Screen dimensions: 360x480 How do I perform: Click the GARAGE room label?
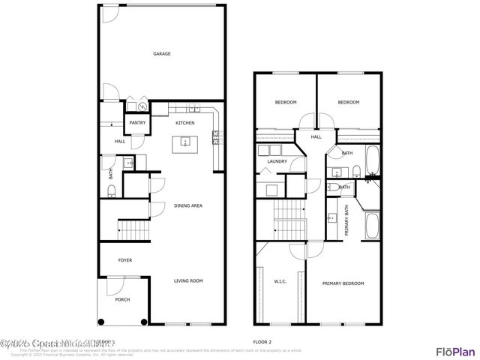pyautogui.click(x=162, y=54)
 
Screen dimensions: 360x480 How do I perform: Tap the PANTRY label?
pyautogui.click(x=137, y=122)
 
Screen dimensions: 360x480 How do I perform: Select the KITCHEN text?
pyautogui.click(x=185, y=122)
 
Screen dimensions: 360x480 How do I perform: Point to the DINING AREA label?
pyautogui.click(x=188, y=205)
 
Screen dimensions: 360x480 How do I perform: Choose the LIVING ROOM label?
pyautogui.click(x=188, y=281)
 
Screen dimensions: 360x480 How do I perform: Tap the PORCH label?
pyautogui.click(x=122, y=299)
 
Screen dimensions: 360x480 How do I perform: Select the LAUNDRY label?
pyautogui.click(x=278, y=160)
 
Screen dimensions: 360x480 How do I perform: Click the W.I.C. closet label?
pyautogui.click(x=280, y=283)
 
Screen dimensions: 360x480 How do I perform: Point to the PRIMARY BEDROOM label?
pyautogui.click(x=343, y=283)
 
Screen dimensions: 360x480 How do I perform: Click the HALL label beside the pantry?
pyautogui.click(x=119, y=141)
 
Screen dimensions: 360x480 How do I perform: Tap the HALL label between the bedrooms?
pyautogui.click(x=316, y=136)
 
